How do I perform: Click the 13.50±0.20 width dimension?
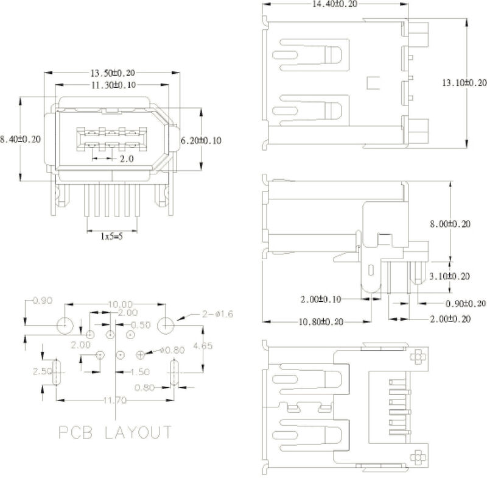[x=113, y=73]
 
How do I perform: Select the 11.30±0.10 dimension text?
[x=113, y=85]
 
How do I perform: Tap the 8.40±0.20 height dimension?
[x=20, y=139]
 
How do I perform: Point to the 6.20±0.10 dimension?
[x=201, y=140]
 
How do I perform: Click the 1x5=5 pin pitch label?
[x=111, y=237]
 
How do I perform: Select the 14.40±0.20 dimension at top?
[x=334, y=4]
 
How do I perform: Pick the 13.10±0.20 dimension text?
[x=464, y=83]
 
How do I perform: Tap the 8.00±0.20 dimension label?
[x=450, y=224]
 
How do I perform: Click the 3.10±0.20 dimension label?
[x=449, y=276]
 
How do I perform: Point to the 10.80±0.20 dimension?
[x=321, y=322]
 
